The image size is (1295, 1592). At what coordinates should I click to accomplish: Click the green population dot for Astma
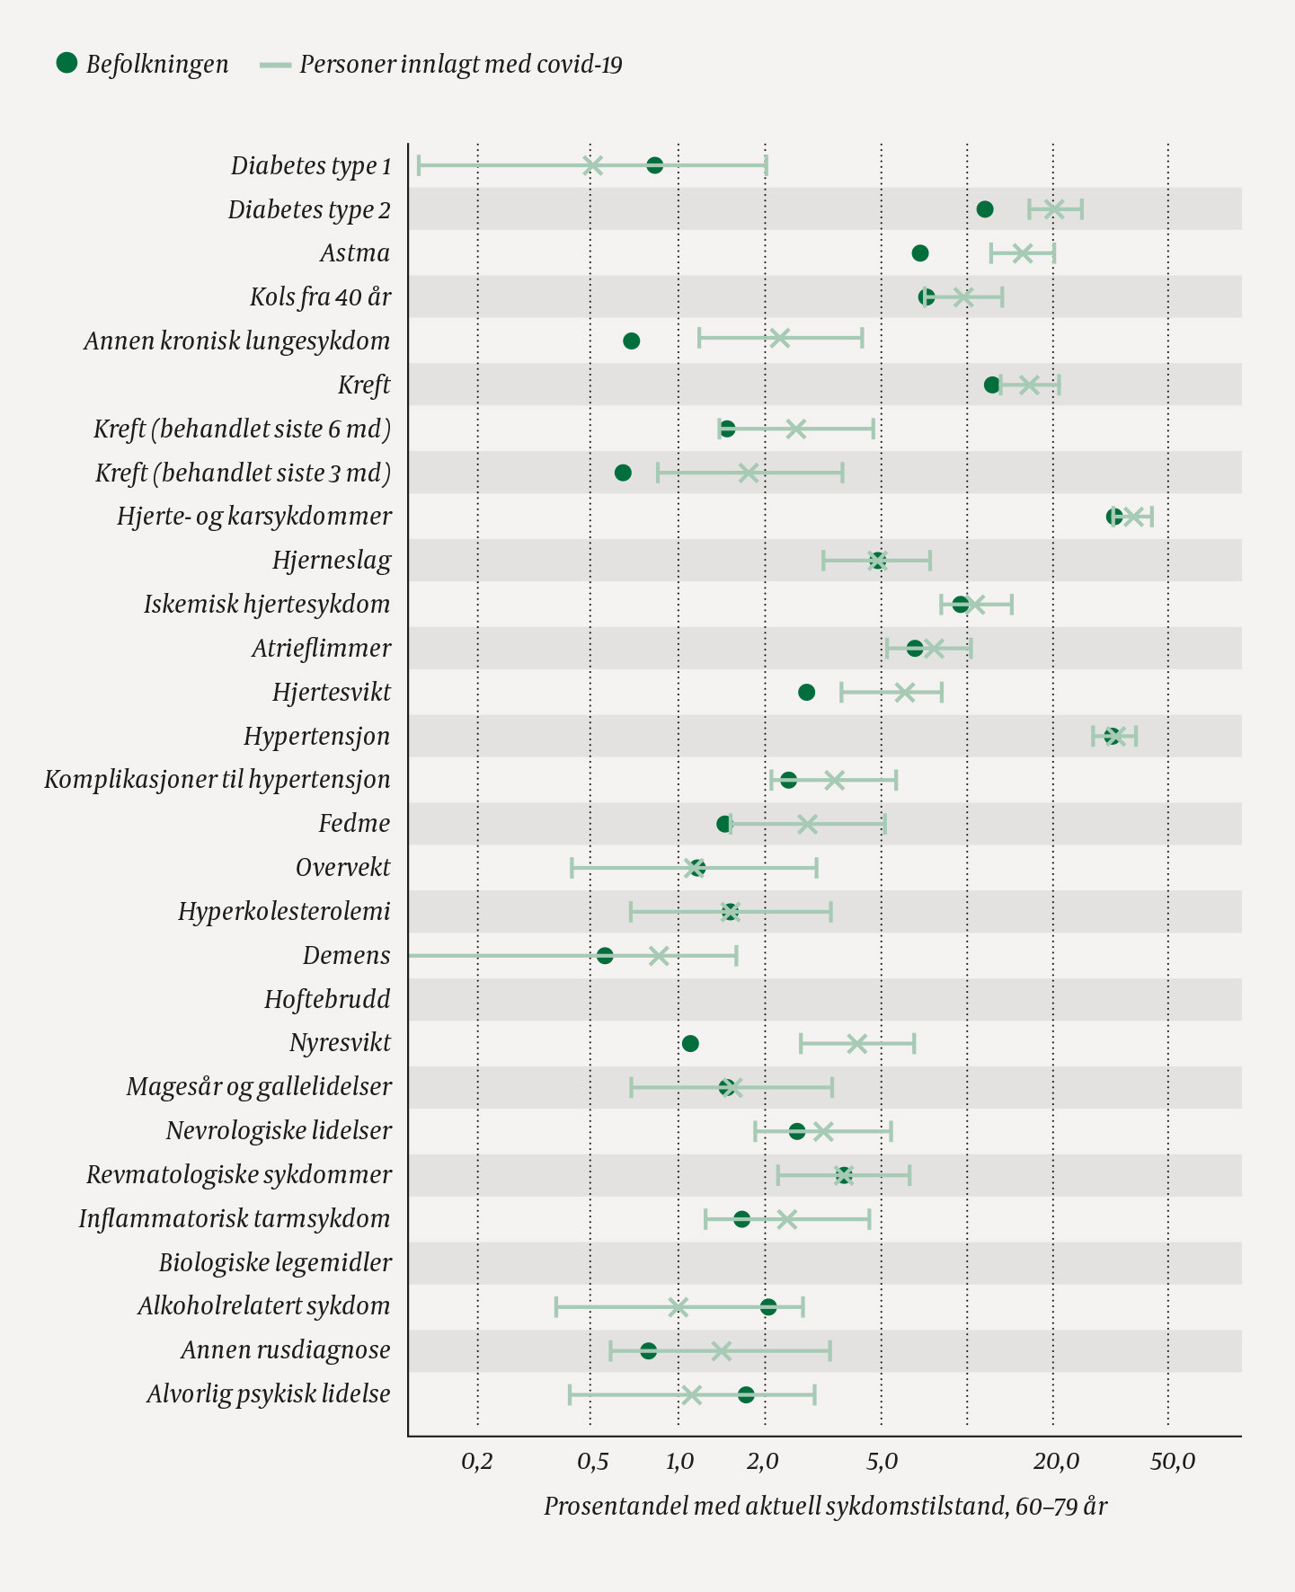(919, 253)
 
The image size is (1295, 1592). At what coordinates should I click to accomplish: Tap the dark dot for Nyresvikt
(690, 1043)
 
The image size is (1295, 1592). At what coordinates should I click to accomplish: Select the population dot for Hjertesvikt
(806, 692)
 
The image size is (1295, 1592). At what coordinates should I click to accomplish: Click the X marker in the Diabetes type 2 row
(1054, 209)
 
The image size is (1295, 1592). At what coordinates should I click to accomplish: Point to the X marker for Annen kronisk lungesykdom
(779, 339)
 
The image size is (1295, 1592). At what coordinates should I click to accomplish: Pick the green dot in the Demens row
(605, 955)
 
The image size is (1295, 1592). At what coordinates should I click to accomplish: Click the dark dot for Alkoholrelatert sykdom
(768, 1306)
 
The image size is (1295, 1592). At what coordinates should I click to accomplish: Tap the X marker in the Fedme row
(807, 824)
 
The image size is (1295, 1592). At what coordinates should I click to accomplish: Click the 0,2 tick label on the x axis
(477, 1462)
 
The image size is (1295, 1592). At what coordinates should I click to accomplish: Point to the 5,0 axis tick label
(882, 1462)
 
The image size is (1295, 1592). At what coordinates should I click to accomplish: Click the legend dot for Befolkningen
(67, 63)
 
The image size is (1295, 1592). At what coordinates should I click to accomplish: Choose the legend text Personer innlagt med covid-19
(460, 65)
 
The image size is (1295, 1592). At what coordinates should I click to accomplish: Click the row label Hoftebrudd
(327, 999)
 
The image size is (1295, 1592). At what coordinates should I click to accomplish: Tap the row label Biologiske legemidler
(275, 1262)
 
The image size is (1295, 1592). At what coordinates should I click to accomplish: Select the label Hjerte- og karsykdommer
(254, 516)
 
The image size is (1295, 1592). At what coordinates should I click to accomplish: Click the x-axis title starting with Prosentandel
(825, 1506)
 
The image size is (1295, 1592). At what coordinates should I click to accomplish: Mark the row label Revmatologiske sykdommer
(239, 1174)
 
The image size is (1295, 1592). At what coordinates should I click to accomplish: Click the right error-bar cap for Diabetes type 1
(766, 165)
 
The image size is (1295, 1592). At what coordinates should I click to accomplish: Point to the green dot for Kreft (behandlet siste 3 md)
(623, 473)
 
